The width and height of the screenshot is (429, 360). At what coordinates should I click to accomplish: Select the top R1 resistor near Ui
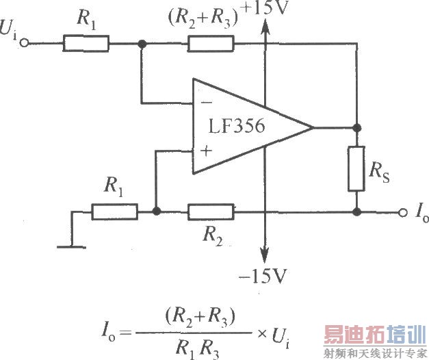(86, 44)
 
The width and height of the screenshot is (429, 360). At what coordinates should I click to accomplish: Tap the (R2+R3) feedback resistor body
(209, 44)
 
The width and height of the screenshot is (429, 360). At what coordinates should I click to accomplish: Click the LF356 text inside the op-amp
(237, 128)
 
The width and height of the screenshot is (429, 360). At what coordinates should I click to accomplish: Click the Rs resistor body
(356, 168)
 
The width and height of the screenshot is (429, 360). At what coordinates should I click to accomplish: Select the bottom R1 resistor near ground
(114, 212)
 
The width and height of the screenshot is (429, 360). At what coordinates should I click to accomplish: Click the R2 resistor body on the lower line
(210, 212)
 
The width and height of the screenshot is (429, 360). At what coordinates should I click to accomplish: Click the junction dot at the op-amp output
(356, 127)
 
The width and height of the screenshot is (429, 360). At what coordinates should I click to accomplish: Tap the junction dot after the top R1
(142, 44)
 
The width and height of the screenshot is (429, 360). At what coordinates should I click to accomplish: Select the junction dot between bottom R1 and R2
(157, 212)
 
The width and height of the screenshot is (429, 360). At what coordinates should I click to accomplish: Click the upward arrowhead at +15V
(264, 25)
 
